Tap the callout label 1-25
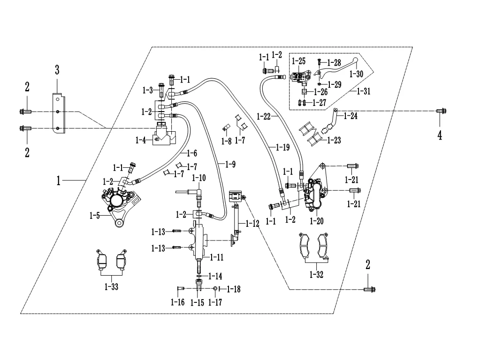click(x=298, y=61)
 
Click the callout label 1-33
click(x=111, y=286)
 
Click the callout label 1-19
click(x=282, y=148)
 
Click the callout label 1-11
click(x=216, y=257)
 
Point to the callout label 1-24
click(x=350, y=115)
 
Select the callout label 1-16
click(x=178, y=302)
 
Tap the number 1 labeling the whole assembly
click(x=59, y=180)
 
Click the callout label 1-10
click(x=199, y=178)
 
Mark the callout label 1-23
click(x=334, y=140)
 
